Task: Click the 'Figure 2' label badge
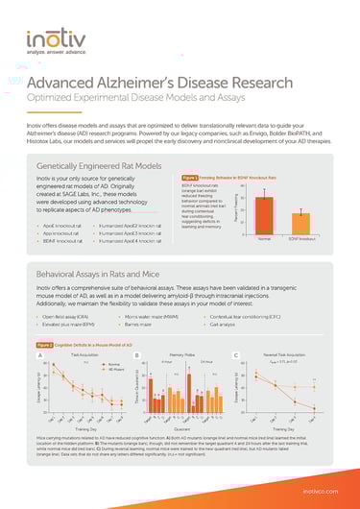pyautogui.click(x=46, y=345)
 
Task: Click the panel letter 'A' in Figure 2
pyautogui.click(x=40, y=356)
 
